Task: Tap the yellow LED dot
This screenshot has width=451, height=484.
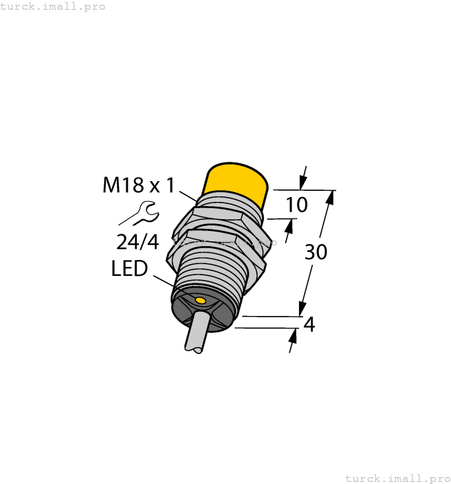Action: (x=200, y=301)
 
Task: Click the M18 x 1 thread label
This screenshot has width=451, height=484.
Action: (x=139, y=185)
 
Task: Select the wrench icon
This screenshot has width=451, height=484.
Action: (x=143, y=213)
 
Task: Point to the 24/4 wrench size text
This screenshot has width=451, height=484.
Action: (x=138, y=242)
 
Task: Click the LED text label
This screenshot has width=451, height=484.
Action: (x=129, y=269)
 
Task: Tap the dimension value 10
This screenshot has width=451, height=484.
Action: (x=296, y=205)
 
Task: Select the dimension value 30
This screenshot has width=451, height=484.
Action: (x=316, y=252)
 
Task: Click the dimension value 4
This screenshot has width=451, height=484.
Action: (x=309, y=324)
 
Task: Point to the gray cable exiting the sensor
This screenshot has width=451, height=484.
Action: (x=196, y=333)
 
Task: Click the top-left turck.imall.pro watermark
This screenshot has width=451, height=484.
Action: (x=53, y=6)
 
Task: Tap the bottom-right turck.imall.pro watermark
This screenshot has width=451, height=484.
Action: (x=397, y=478)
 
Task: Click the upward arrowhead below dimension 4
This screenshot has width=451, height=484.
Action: (x=293, y=336)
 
